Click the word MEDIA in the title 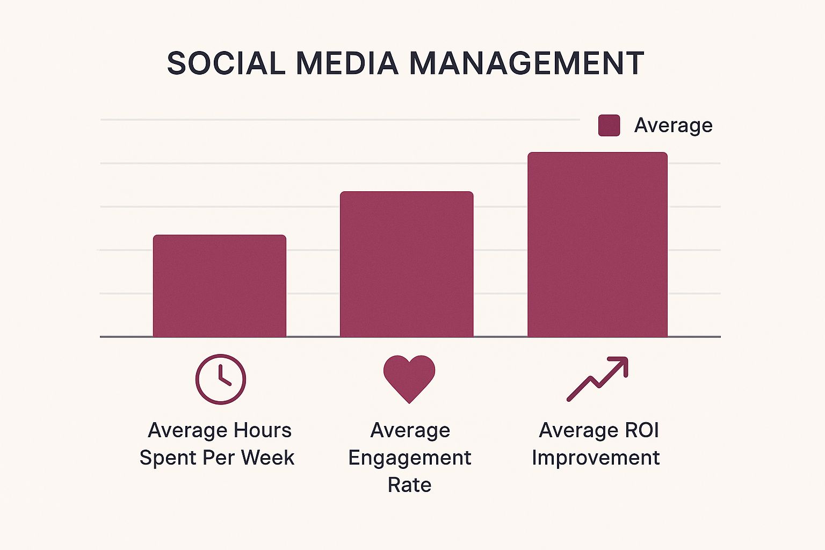(x=347, y=63)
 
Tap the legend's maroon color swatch (x=609, y=125)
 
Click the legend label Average (x=673, y=125)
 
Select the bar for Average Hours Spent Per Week (x=219, y=286)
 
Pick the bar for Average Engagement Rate (x=407, y=264)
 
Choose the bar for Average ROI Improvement (x=597, y=244)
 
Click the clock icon (x=220, y=379)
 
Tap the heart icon (x=409, y=377)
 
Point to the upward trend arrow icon (x=597, y=379)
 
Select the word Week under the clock (x=267, y=458)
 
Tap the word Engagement (x=409, y=458)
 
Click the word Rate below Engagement (x=409, y=485)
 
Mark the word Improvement (x=596, y=458)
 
